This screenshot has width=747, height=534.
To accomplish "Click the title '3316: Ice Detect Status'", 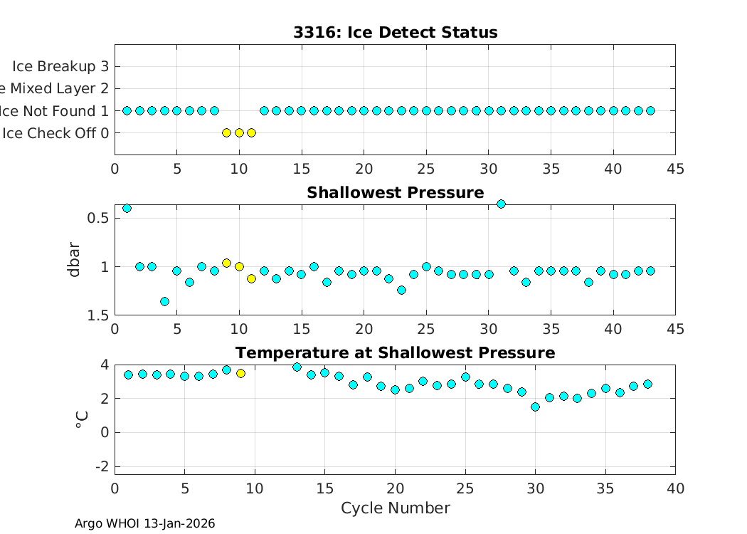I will (395, 33).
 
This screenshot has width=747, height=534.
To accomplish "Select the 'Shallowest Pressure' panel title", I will (395, 193).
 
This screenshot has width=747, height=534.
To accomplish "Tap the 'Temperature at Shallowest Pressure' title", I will (395, 353).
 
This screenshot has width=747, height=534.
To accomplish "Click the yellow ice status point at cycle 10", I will (239, 132).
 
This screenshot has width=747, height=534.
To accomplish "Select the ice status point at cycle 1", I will (127, 110).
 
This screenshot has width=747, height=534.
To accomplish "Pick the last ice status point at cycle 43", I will (650, 110).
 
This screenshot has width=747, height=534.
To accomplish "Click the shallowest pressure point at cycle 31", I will (501, 204).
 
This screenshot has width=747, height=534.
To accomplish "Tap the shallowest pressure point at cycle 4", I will (164, 301).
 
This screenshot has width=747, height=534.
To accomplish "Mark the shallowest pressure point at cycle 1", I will (127, 208).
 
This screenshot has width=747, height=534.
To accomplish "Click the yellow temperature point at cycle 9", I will (240, 373).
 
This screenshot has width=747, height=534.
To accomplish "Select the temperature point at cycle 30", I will (535, 407).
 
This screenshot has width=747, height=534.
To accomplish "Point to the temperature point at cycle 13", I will (297, 367).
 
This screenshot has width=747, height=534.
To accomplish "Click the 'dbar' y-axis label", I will (75, 260).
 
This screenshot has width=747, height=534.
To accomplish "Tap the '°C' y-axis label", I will (82, 419).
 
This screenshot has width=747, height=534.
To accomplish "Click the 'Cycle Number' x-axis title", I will (395, 508).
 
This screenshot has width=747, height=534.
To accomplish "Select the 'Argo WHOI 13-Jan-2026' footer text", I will (144, 524).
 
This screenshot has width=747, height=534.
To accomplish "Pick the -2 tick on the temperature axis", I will (100, 466).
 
